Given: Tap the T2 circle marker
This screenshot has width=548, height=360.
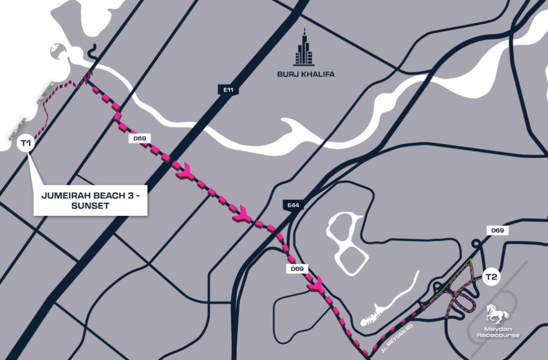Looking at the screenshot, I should click(x=491, y=276).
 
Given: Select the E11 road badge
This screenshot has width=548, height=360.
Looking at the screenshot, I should click(x=225, y=89).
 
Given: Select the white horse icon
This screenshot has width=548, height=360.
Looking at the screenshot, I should click(x=497, y=314).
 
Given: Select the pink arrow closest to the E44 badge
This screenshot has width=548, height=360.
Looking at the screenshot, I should click(x=243, y=212).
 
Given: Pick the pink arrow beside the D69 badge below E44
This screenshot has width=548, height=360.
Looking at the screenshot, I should click(x=315, y=285).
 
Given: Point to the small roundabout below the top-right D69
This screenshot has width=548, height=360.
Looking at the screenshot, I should click(x=477, y=244).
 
